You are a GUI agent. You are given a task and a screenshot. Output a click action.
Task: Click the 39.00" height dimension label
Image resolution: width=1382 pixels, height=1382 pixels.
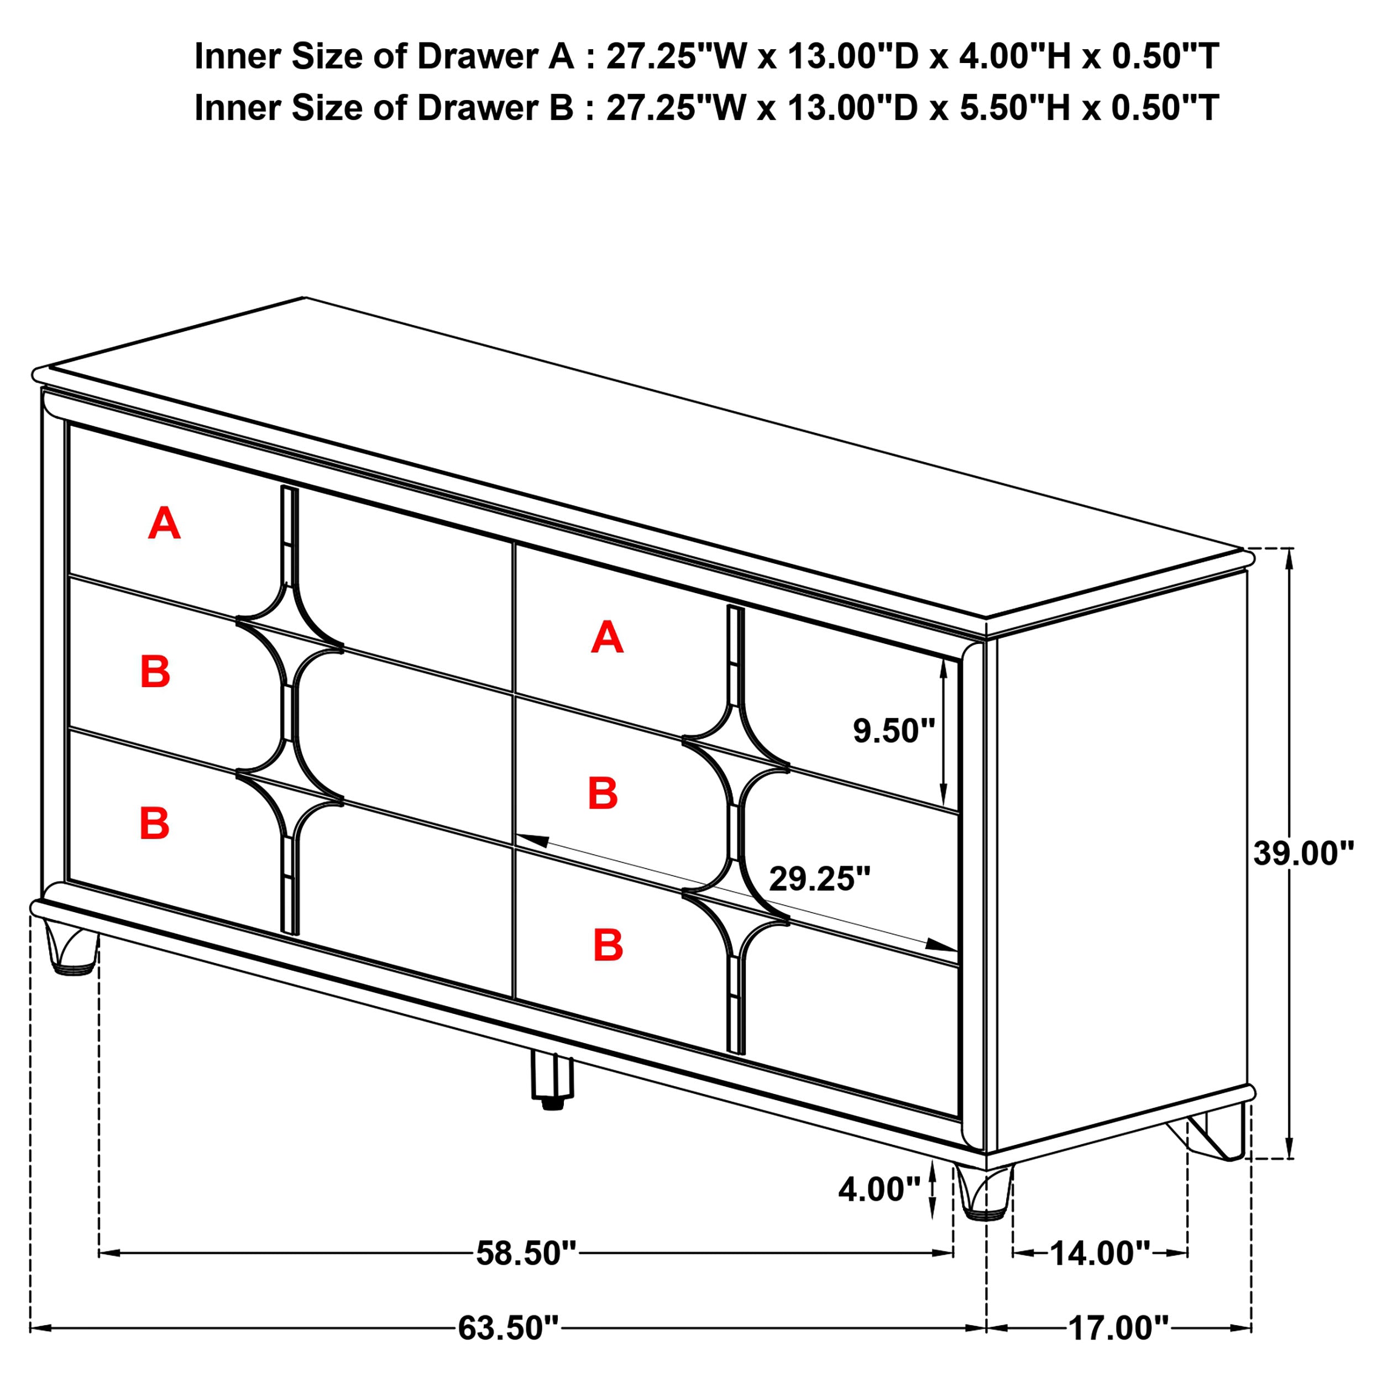coord(1304,854)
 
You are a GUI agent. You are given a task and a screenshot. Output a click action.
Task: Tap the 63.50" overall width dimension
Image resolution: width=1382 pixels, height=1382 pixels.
coord(508,1328)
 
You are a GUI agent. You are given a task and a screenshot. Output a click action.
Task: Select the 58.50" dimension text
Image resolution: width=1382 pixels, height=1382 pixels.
coord(526,1253)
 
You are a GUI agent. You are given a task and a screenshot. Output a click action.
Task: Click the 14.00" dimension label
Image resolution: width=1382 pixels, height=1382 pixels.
coord(1100,1253)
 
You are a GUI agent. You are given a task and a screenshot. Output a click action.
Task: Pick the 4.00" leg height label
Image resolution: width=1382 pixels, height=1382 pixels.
coord(879,1190)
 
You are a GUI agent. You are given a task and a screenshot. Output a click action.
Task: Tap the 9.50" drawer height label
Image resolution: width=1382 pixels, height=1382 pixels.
coord(893,731)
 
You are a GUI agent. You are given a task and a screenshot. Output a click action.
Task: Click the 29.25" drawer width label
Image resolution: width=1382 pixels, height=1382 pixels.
coord(820,879)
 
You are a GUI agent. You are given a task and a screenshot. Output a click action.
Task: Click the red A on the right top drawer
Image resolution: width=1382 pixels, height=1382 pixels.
coord(606,637)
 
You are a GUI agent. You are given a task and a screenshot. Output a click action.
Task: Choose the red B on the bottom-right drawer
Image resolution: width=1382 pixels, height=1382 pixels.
coord(608,946)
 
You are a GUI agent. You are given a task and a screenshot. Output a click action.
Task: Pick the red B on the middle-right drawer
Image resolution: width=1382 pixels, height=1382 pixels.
coord(603,793)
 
